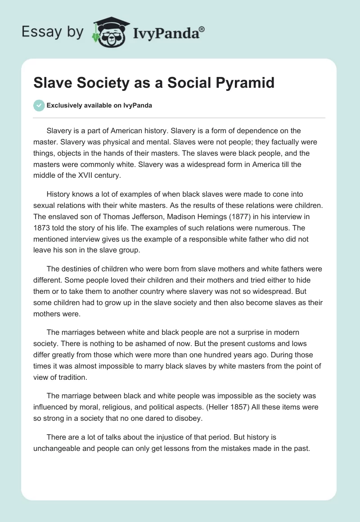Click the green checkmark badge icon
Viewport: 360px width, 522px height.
click(39, 105)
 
